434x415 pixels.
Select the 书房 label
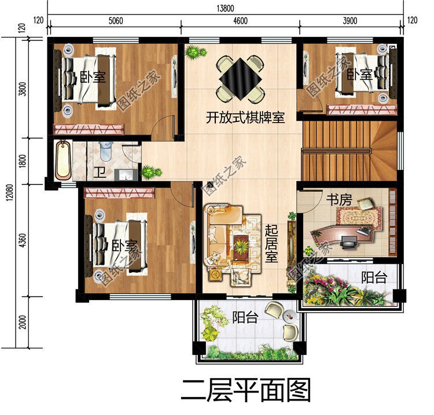click(339, 200)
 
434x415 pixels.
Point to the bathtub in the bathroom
click(63, 161)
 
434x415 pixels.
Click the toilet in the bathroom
click(106, 151)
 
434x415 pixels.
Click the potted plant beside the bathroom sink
click(149, 172)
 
